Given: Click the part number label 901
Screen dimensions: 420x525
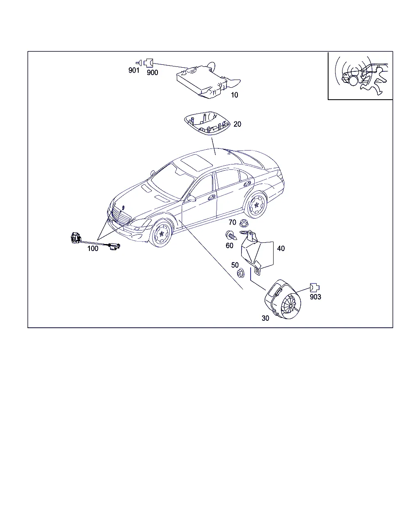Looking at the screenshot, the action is pos(134,70).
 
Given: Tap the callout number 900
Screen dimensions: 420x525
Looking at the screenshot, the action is pos(152,73).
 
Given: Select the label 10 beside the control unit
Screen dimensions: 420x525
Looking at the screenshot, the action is pos(234,95).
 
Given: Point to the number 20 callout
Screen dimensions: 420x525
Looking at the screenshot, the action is pos(237,124).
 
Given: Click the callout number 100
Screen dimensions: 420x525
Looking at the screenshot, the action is pos(93,249).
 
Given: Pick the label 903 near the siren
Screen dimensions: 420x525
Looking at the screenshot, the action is pos(315,297).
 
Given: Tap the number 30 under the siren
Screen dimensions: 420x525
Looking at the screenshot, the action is pos(265,318).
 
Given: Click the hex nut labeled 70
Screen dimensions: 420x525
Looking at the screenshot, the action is pos(243,223).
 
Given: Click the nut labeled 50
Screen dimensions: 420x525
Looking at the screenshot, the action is pos(241,273).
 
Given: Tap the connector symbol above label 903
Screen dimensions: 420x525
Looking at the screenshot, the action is pos(315,288).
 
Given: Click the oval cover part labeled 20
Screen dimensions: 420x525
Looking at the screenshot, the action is pos(207,123).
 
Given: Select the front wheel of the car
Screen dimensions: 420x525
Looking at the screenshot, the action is pos(161,233).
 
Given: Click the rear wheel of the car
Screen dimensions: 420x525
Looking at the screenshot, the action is pos(256,205).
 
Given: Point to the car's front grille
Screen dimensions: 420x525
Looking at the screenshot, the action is pos(121,215).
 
